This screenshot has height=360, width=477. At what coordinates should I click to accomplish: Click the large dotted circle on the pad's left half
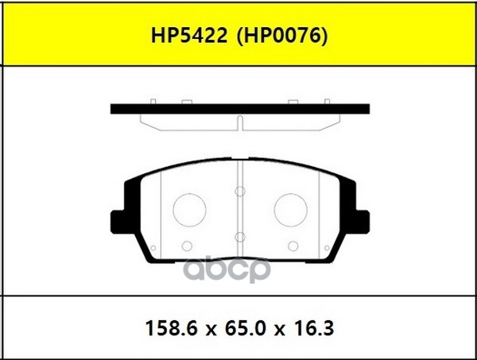point(188,210)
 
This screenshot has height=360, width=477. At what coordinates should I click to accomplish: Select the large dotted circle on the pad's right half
point(290,210)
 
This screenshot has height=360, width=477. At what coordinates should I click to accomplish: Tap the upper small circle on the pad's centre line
point(239,192)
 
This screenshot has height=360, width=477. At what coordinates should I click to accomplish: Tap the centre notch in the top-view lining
point(239,121)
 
